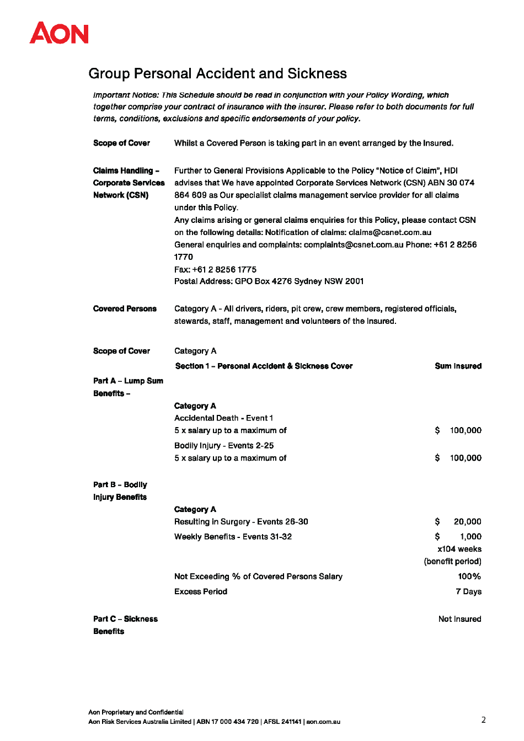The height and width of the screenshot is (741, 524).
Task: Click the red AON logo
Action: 59,33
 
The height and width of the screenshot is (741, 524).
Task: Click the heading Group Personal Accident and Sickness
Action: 217,73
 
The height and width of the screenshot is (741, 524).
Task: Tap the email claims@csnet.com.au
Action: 389,232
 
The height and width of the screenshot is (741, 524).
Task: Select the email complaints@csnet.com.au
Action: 354,244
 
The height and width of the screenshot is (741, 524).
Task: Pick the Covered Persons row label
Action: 125,308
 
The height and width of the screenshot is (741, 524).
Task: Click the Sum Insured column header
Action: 458,366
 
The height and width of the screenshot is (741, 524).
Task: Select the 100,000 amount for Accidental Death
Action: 465,430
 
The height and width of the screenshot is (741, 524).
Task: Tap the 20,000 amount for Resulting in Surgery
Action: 467,521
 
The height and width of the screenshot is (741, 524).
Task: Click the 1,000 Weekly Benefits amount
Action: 470,536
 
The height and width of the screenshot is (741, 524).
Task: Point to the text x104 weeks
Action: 459,549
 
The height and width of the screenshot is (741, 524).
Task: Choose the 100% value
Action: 469,577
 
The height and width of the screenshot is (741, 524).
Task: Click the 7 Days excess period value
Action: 468,591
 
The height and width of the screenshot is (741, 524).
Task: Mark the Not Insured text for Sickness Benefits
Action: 459,619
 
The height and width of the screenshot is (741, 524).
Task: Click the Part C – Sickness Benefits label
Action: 125,625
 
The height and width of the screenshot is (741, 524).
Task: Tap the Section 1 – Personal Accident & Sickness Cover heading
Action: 264,366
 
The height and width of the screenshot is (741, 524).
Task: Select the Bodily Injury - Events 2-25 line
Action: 224,445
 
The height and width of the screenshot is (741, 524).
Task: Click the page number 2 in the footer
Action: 483,719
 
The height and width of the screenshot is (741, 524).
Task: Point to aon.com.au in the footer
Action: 323,722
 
